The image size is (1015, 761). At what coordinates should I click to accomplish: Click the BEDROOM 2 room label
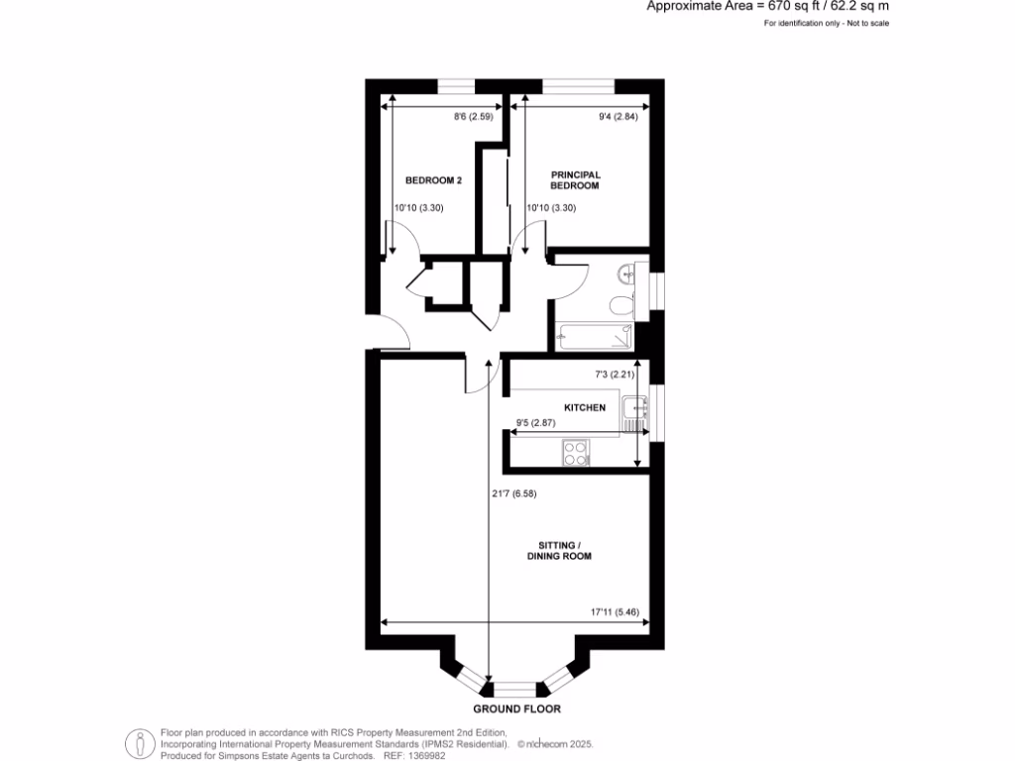coord(434,180)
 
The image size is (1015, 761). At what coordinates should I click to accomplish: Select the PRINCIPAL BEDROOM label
coord(576,180)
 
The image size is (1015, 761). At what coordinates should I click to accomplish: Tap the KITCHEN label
coord(584,408)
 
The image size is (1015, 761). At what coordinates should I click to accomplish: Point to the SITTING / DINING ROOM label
coord(565,550)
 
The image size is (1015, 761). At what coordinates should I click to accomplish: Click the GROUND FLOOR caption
coord(516,709)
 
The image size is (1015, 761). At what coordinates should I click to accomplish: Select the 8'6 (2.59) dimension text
coord(474,117)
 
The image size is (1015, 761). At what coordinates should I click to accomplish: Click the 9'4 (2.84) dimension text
coord(617,117)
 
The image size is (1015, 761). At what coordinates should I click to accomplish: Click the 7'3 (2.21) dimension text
coord(606,374)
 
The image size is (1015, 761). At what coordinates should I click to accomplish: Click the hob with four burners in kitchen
coord(574,453)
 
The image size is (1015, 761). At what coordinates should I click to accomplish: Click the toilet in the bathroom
coord(621,305)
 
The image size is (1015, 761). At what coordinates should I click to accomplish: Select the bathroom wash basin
coord(624,272)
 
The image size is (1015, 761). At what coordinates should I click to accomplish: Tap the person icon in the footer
coord(140,743)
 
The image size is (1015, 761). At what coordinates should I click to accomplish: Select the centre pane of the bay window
coord(515,688)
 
